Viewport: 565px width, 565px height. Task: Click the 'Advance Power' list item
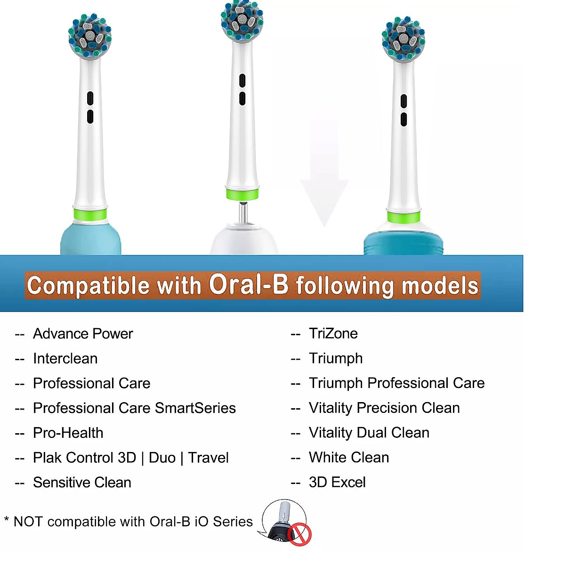pyautogui.click(x=83, y=334)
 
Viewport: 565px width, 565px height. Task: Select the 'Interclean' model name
pyautogui.click(x=65, y=359)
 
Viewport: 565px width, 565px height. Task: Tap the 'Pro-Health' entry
pyautogui.click(x=68, y=433)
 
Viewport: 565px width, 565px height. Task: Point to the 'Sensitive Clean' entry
pyautogui.click(x=82, y=483)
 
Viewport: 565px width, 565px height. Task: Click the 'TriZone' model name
pyautogui.click(x=333, y=334)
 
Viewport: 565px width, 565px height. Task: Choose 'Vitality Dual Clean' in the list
pyautogui.click(x=369, y=433)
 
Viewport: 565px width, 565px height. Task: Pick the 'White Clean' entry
pyautogui.click(x=349, y=458)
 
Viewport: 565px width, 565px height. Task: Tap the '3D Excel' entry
pyautogui.click(x=337, y=483)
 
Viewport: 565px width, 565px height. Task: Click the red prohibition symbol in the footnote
pyautogui.click(x=299, y=534)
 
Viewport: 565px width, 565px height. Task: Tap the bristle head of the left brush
pyautogui.click(x=89, y=37)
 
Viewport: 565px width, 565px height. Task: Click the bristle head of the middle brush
pyautogui.click(x=242, y=20)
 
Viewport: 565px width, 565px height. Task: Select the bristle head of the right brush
pyautogui.click(x=403, y=39)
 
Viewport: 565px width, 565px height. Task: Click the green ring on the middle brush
pyautogui.click(x=242, y=194)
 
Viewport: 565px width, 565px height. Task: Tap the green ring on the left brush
pyautogui.click(x=90, y=214)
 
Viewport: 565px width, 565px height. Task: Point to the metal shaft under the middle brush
pyautogui.click(x=242, y=213)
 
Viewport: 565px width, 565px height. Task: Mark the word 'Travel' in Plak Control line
pyautogui.click(x=208, y=458)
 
